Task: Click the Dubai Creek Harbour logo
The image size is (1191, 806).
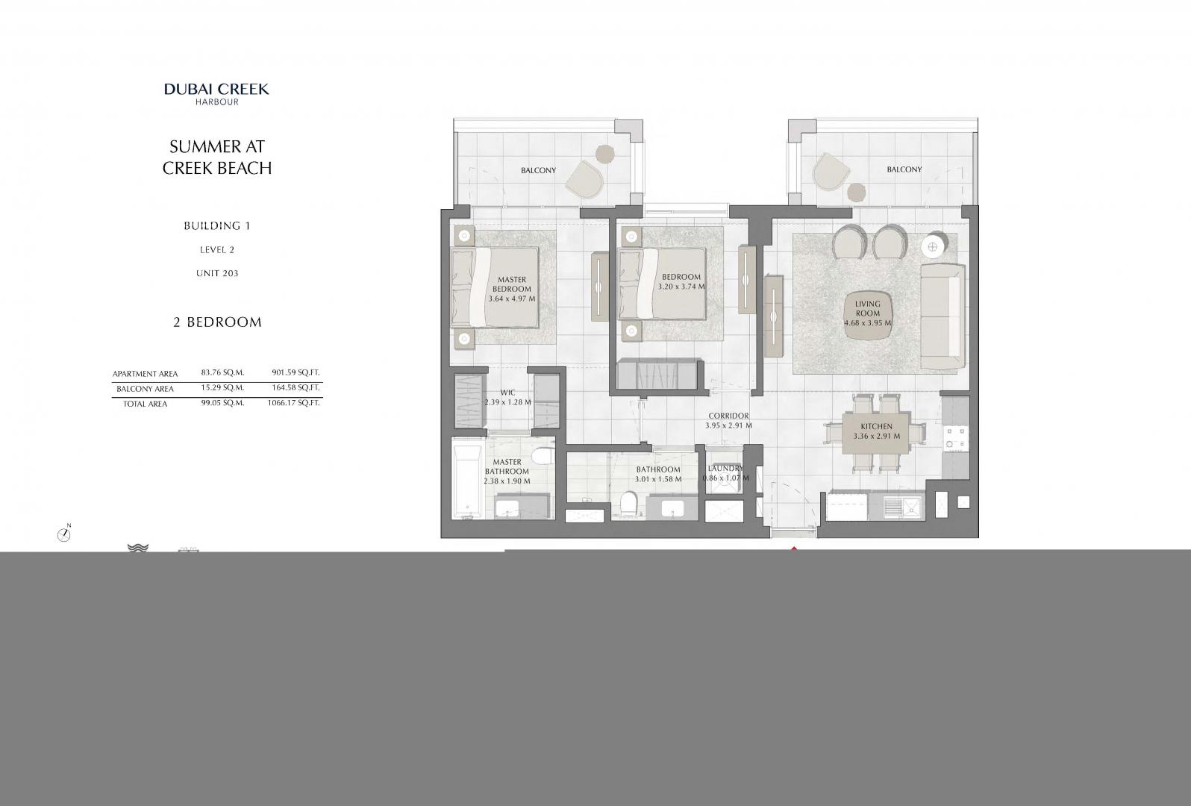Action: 216,93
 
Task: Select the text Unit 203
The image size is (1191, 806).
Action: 217,273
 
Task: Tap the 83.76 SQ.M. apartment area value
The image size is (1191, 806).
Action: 223,372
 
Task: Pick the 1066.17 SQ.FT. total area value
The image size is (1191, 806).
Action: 293,403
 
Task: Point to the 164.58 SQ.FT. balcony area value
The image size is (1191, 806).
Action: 296,387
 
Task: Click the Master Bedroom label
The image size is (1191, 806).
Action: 511,284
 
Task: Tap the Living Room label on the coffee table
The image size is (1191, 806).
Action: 868,308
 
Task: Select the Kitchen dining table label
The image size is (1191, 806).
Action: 877,426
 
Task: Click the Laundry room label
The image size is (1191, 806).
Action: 726,469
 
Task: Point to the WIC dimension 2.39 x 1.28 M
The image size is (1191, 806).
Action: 507,402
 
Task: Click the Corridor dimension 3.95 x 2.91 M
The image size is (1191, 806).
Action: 728,425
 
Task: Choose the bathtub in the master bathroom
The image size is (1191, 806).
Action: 468,481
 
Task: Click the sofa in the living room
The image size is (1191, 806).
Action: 943,316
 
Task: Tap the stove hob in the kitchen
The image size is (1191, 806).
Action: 955,438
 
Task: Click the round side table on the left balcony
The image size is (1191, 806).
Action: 605,154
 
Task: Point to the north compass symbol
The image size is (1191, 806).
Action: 64,534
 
